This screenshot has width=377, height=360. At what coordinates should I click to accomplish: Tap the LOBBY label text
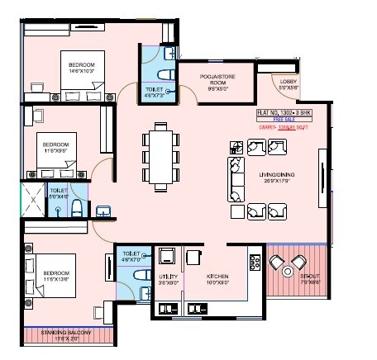pyautogui.click(x=288, y=83)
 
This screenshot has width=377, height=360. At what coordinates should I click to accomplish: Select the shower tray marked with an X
pyautogui.click(x=31, y=199)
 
